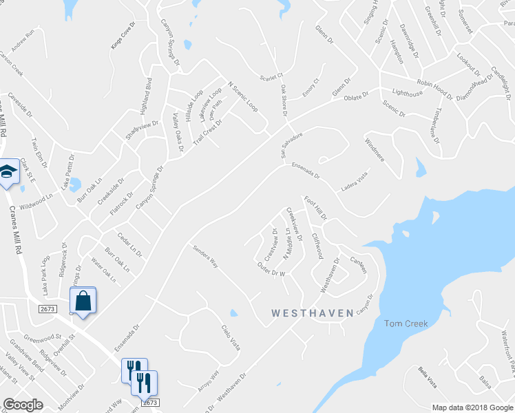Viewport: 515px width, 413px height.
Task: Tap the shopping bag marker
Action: point(83,301)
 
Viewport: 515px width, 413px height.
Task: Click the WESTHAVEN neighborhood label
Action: point(313,313)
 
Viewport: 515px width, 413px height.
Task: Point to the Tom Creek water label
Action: point(406,323)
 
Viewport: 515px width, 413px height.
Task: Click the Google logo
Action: point(23,405)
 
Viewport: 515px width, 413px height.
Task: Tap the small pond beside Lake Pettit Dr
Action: point(74,184)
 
